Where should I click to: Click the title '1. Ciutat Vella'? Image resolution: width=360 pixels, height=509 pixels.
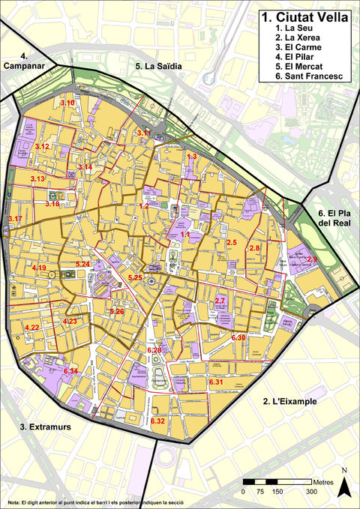pyautogui.click(x=304, y=16)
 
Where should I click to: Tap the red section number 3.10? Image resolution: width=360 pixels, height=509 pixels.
pyautogui.click(x=67, y=103)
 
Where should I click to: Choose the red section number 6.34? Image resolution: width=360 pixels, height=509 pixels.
pyautogui.click(x=71, y=372)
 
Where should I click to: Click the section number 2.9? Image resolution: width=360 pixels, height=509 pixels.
pyautogui.click(x=311, y=259)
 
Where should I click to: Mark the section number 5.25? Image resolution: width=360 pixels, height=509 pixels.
pyautogui.click(x=135, y=278)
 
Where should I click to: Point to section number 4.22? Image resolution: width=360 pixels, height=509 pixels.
pyautogui.click(x=31, y=328)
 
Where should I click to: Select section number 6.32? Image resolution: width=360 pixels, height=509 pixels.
pyautogui.click(x=157, y=421)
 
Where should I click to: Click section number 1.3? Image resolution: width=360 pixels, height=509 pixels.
pyautogui.click(x=192, y=157)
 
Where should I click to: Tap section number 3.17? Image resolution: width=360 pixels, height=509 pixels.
pyautogui.click(x=15, y=218)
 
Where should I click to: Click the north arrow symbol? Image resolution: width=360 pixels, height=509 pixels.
pyautogui.click(x=343, y=486)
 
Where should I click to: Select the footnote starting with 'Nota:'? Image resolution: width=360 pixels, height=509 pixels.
pyautogui.click(x=94, y=502)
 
